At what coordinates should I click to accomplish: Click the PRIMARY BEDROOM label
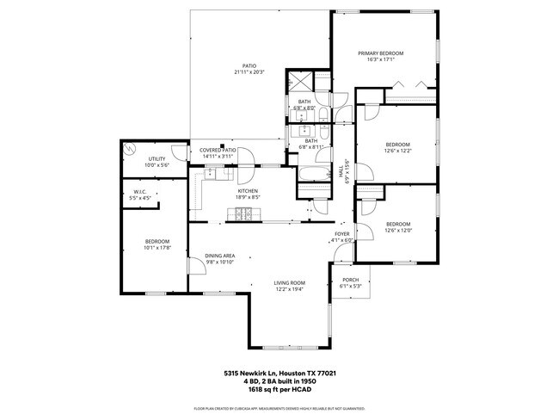click(380, 53)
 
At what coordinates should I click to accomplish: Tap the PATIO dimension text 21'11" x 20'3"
click(249, 72)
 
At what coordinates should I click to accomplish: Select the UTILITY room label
click(157, 158)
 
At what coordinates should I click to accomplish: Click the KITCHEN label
click(249, 190)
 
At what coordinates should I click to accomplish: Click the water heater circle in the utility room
click(129, 148)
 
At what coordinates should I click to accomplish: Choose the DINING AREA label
click(220, 256)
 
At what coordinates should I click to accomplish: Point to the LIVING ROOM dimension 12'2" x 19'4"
click(290, 289)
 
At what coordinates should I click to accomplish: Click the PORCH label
click(350, 280)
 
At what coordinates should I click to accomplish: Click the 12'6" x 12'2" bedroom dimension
click(397, 151)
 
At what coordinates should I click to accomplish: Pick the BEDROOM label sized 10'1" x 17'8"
click(157, 241)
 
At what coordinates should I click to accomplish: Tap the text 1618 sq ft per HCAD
click(279, 390)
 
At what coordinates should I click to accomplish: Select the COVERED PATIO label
click(218, 150)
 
